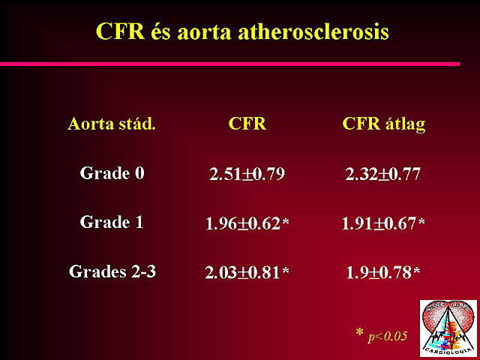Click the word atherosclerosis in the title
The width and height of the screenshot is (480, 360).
[313, 31]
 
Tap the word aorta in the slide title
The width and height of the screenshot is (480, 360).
[204, 32]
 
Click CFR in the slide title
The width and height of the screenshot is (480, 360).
[120, 31]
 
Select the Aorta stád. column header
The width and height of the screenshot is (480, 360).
[112, 124]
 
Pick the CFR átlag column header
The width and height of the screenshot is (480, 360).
[384, 124]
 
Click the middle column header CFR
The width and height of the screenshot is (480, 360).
[247, 123]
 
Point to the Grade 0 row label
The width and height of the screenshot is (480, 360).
[112, 173]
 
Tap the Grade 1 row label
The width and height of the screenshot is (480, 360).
[112, 222]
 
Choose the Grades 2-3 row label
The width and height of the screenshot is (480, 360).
[112, 271]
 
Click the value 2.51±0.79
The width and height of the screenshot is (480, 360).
[247, 174]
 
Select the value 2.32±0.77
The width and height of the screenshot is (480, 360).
[382, 174]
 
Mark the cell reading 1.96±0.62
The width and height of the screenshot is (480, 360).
[243, 223]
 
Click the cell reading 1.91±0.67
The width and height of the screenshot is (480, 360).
[379, 223]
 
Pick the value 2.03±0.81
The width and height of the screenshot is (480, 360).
[242, 272]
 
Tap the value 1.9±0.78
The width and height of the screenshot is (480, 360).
[379, 272]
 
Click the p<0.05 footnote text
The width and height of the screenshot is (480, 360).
[388, 337]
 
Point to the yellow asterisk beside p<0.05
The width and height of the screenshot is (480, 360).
[360, 332]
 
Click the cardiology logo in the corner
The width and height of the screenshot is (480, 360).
[448, 328]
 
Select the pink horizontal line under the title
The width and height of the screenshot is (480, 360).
[230, 64]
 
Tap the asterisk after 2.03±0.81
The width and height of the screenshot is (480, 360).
[285, 270]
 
